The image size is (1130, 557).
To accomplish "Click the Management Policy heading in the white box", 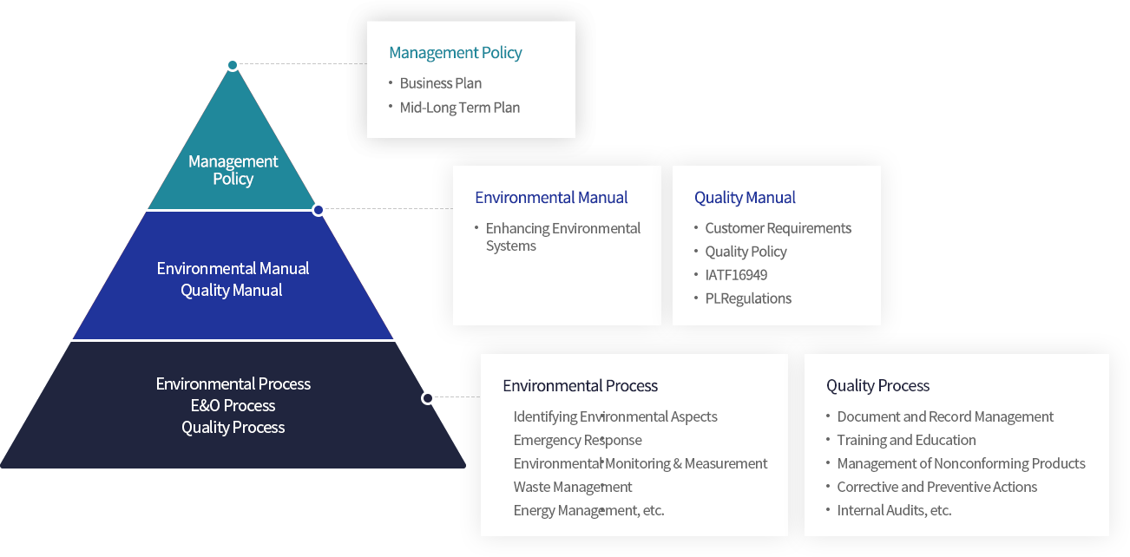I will [455, 53].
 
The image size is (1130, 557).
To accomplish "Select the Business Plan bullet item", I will [440, 83].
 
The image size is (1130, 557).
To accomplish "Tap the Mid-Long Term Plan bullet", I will [459, 108].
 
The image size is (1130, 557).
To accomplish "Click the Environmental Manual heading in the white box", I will [551, 198].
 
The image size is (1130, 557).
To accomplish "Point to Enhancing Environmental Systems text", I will [562, 237].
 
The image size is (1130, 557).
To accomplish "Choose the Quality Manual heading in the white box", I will [745, 198].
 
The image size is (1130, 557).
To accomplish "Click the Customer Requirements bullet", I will [778, 228].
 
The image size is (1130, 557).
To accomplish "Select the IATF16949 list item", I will [736, 275].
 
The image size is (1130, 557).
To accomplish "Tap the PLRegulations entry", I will [748, 298].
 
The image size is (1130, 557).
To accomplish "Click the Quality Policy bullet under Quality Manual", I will [746, 252].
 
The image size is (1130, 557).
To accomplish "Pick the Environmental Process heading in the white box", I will [580, 386].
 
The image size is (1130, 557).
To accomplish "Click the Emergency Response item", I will [577, 440].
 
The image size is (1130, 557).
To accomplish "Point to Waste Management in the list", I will [573, 487].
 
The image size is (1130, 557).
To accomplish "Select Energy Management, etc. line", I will [588, 510].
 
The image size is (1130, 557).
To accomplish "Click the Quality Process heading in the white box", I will [877, 386].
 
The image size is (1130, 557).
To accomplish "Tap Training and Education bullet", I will [906, 440].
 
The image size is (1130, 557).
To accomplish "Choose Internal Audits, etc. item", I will [894, 510].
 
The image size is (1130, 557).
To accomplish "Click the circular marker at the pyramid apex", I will [233, 65].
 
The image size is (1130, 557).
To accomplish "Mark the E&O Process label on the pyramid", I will [233, 405].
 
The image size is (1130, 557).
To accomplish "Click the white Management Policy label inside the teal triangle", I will [233, 170].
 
